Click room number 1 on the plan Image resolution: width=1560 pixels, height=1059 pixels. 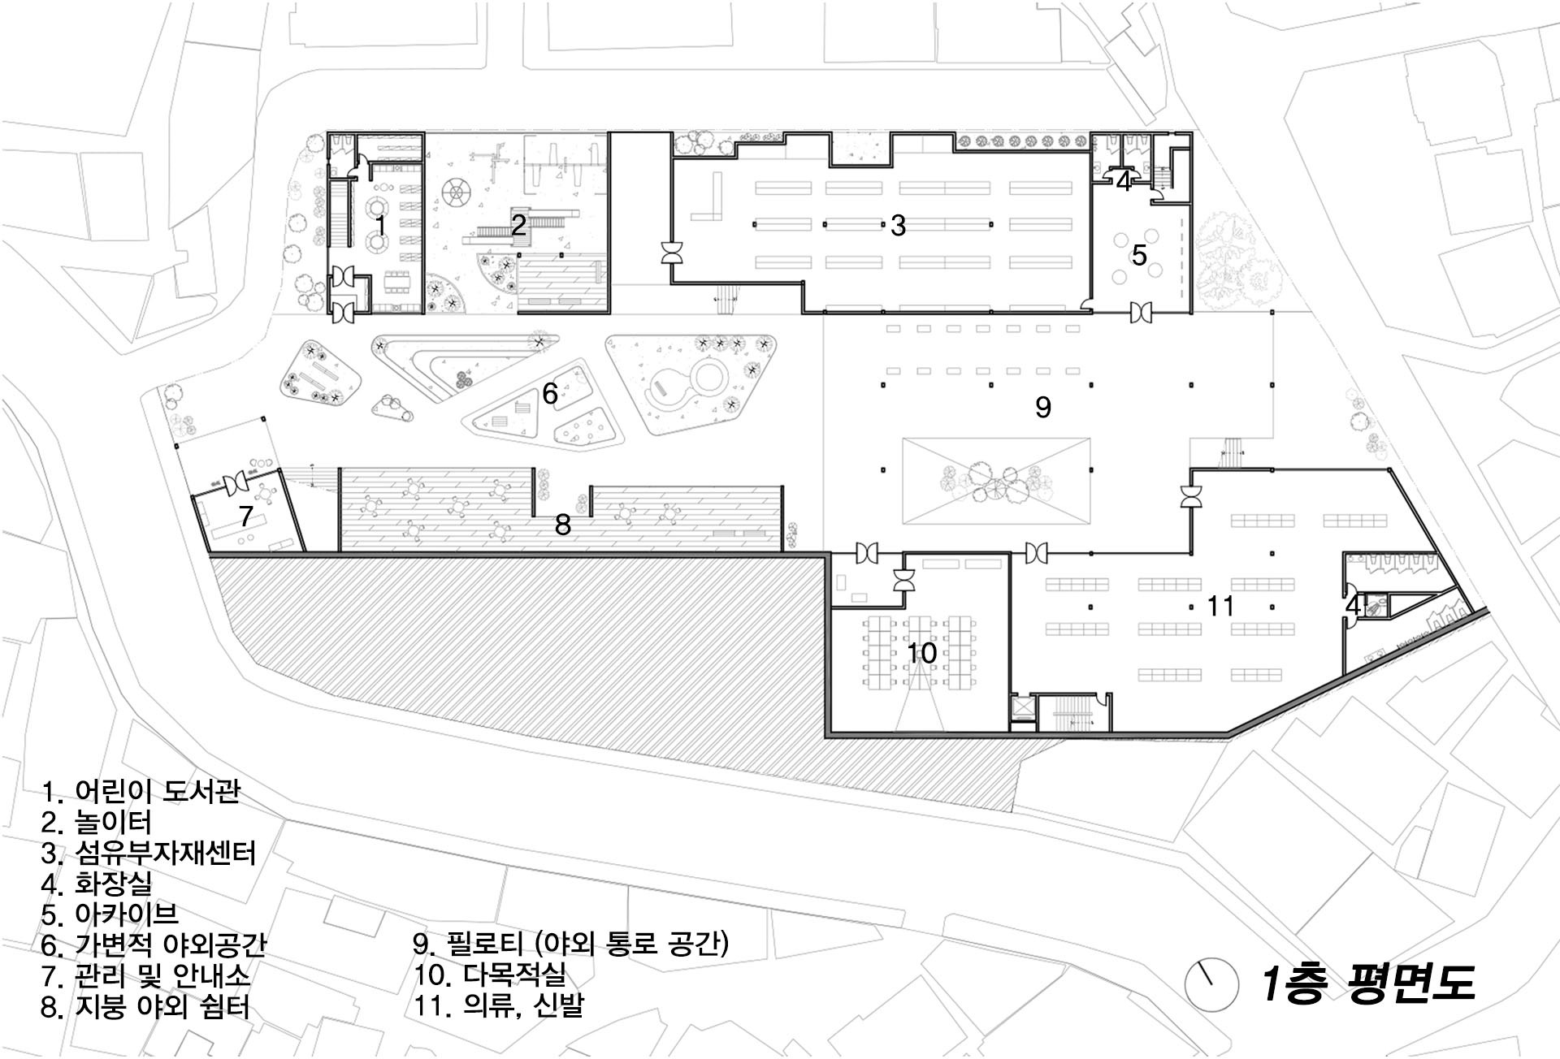[379, 225]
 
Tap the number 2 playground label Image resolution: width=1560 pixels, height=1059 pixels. [518, 225]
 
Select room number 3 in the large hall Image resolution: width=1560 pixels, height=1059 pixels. [898, 226]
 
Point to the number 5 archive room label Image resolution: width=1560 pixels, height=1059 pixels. [1139, 255]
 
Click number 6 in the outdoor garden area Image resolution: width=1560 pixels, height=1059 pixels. [550, 394]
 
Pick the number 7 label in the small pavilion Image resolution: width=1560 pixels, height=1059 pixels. [246, 515]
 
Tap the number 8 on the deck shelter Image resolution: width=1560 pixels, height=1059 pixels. [563, 525]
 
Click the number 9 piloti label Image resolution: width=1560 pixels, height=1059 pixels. [1043, 407]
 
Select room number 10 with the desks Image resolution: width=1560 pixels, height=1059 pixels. [921, 653]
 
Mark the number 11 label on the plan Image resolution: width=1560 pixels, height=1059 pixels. [1220, 606]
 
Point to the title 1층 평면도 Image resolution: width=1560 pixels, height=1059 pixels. [1367, 983]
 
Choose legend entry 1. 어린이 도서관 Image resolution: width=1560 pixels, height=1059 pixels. [141, 791]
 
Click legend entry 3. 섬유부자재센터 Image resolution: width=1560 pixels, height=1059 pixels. [149, 853]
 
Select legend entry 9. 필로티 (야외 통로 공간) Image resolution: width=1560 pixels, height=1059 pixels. [571, 944]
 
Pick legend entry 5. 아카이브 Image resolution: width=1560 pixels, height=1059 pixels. [110, 914]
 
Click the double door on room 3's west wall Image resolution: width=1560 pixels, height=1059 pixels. [673, 253]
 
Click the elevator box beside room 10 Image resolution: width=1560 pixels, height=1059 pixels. [1023, 707]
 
